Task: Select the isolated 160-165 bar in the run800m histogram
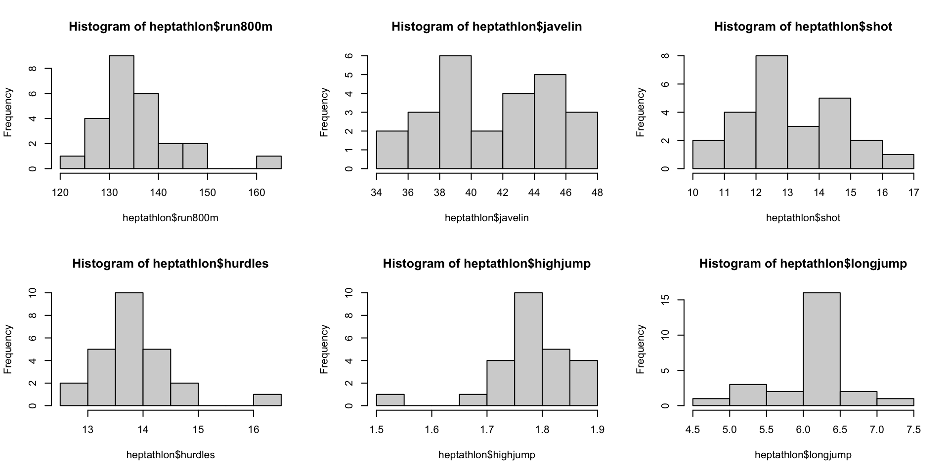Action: tap(269, 162)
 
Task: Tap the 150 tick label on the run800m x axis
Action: tap(208, 193)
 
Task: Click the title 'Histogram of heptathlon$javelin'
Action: tap(486, 27)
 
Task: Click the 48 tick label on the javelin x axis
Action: tap(597, 193)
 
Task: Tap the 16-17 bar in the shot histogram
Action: tap(898, 161)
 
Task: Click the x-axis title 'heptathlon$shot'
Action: tap(803, 218)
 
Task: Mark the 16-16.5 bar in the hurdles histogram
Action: tap(267, 400)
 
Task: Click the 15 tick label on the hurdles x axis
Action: tap(198, 430)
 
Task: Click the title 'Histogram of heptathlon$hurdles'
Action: tap(171, 264)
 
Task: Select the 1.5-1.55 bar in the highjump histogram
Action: tap(390, 400)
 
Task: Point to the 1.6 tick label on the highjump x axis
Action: tap(431, 430)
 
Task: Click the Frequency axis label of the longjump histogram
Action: tap(641, 349)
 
